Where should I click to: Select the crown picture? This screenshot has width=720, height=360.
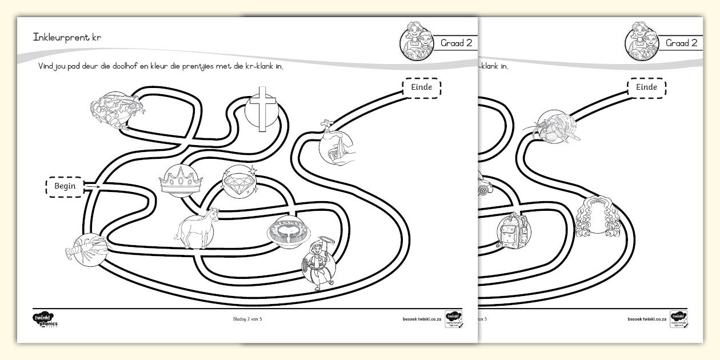click(181, 182)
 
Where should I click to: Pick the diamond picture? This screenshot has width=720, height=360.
click(239, 182)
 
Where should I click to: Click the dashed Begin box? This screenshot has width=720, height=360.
click(65, 186)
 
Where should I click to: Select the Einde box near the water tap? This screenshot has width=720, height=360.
click(422, 87)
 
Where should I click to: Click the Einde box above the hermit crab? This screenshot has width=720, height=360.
click(646, 87)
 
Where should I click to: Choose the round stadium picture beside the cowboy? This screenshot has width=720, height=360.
click(289, 231)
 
